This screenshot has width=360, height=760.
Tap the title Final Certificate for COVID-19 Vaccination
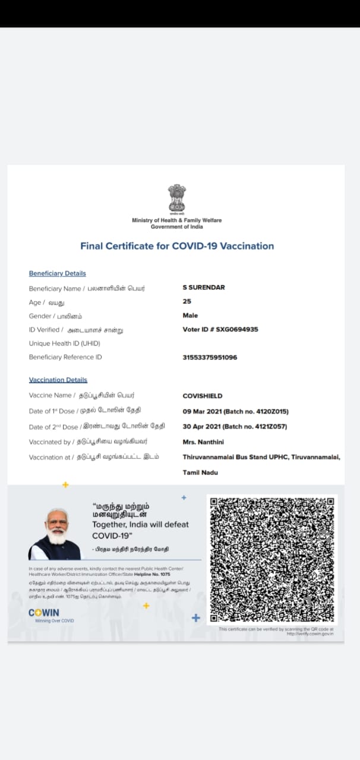tap(177, 246)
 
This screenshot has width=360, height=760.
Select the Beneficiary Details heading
tap(58, 273)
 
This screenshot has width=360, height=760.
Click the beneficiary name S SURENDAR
tap(204, 287)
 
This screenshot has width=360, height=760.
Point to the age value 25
tap(187, 302)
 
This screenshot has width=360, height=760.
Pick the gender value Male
tap(190, 315)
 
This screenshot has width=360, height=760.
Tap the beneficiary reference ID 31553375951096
tap(210, 357)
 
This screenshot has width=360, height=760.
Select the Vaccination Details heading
tap(58, 380)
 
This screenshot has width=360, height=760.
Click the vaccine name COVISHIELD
tap(203, 396)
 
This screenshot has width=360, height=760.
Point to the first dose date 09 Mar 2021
tap(202, 411)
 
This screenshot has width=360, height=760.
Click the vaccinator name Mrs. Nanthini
tap(204, 442)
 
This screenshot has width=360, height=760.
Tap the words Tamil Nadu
tap(200, 473)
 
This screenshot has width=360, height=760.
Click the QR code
tap(272, 559)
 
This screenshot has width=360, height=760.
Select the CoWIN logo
tap(45, 613)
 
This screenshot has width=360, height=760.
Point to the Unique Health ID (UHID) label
tap(65, 343)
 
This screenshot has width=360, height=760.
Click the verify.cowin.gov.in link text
tap(310, 634)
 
